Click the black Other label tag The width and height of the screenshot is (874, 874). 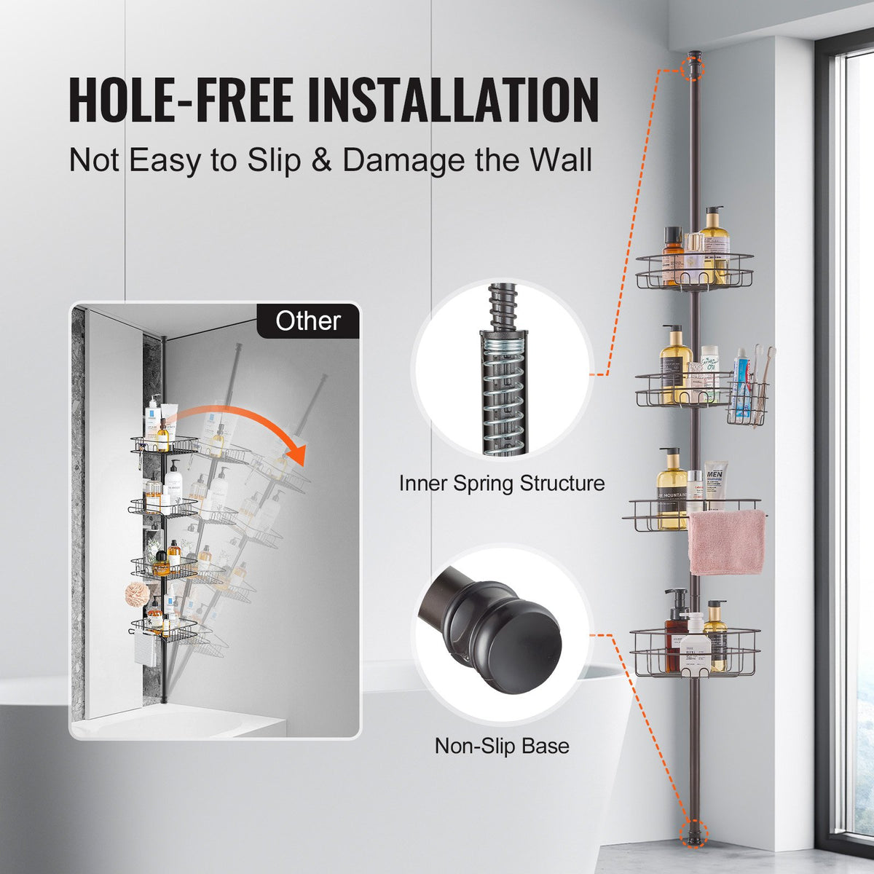click(308, 321)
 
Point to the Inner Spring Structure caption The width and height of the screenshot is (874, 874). click(502, 483)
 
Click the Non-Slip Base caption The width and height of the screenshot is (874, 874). click(502, 746)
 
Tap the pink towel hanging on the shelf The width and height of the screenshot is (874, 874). click(727, 542)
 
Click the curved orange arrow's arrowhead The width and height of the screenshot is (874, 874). click(294, 455)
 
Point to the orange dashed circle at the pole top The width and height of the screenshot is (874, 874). click(693, 68)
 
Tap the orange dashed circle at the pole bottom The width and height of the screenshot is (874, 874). click(692, 830)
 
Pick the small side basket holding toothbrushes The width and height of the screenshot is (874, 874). click(747, 404)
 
